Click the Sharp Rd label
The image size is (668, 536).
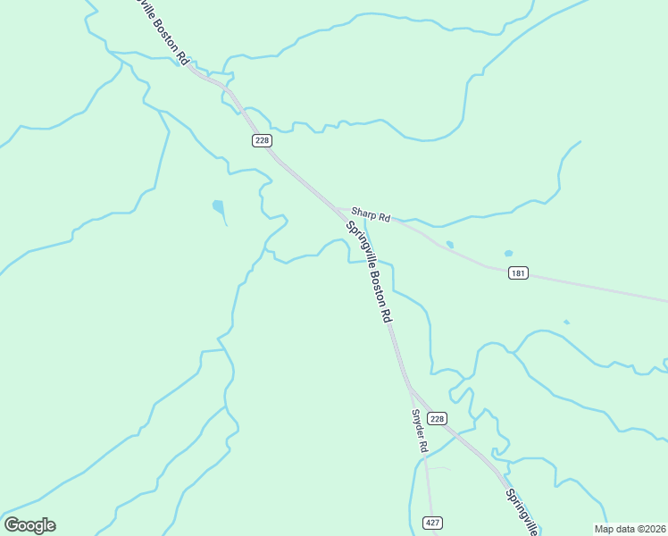pyautogui.click(x=370, y=215)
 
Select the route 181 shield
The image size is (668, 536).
pyautogui.click(x=518, y=272)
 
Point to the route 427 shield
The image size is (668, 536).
pyautogui.click(x=432, y=523)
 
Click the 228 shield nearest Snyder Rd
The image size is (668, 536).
pyautogui.click(x=436, y=418)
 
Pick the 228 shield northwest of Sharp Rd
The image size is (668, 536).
pyautogui.click(x=261, y=140)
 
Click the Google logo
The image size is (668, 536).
pyautogui.click(x=29, y=525)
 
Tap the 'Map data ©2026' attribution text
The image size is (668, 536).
pyautogui.click(x=630, y=529)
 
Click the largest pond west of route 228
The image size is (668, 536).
pyautogui.click(x=218, y=208)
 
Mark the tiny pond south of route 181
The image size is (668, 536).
pyautogui.click(x=566, y=322)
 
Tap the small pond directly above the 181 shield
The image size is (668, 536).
pyautogui.click(x=508, y=253)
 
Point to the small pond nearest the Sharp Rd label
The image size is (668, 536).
pyautogui.click(x=449, y=244)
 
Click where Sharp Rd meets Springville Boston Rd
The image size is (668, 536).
pyautogui.click(x=338, y=210)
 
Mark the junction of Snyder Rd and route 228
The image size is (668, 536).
pyautogui.click(x=412, y=390)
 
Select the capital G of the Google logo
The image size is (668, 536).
pyautogui.click(x=12, y=525)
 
